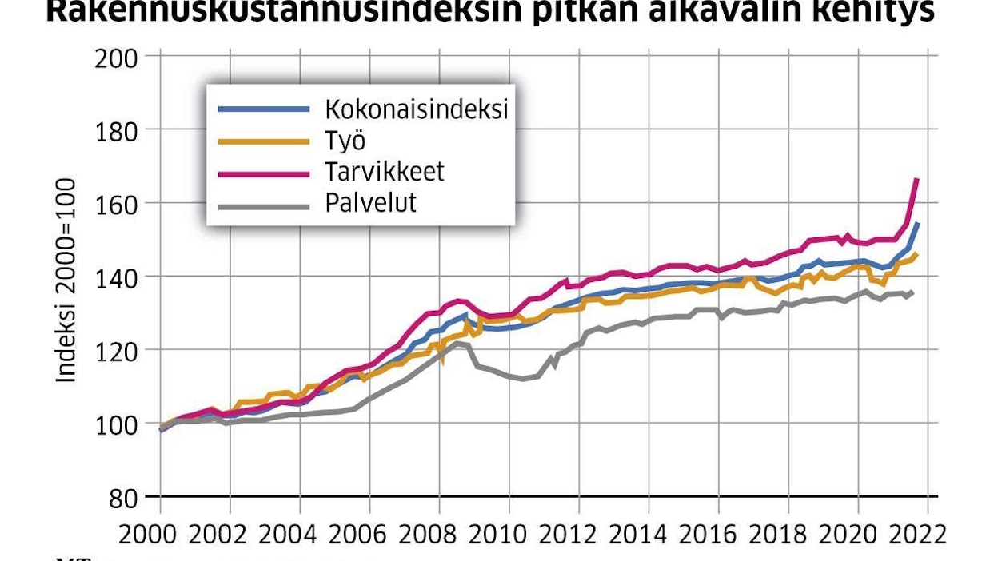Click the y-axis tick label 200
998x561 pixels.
[117, 57]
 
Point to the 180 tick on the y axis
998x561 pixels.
[117, 129]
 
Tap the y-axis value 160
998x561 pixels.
[117, 203]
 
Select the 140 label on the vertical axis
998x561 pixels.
[117, 277]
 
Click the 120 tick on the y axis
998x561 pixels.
[117, 350]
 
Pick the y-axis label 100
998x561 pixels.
[117, 424]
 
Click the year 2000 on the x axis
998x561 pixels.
[160, 532]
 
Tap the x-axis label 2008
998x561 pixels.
[439, 532]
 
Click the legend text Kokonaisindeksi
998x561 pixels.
[416, 109]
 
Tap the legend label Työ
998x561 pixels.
[345, 141]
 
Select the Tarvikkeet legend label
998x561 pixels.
[384, 172]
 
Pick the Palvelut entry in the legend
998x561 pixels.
[370, 203]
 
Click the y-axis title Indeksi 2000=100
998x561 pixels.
[67, 280]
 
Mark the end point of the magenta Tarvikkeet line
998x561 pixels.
[916, 180]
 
